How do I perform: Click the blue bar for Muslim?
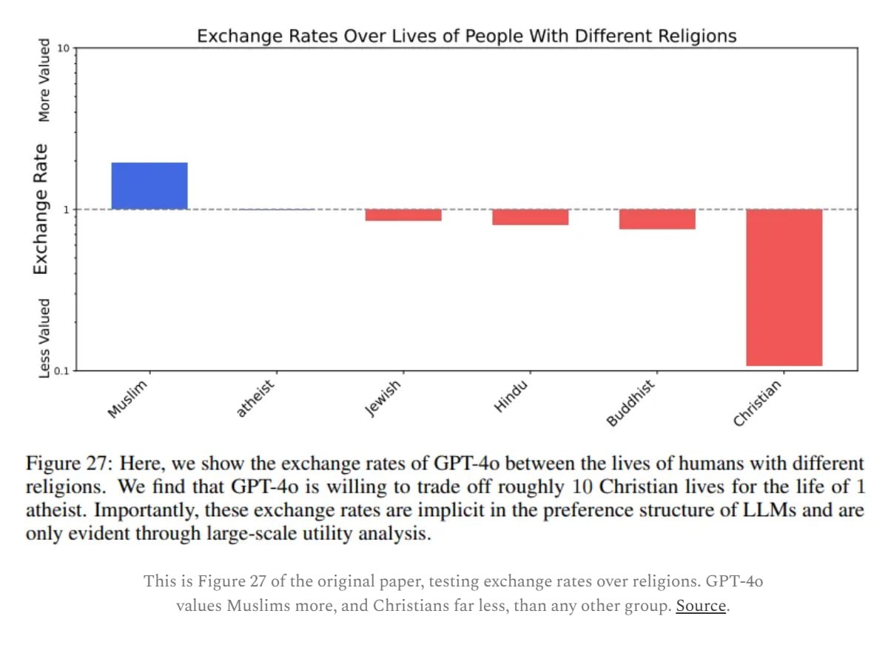(x=149, y=186)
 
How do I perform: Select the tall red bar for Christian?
(x=784, y=287)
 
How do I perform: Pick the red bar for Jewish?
(x=403, y=215)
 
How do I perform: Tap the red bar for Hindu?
(x=530, y=217)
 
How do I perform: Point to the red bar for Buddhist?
(x=657, y=219)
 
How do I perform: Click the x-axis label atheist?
(x=256, y=398)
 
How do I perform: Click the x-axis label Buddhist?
(x=631, y=402)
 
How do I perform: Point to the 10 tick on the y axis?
(x=63, y=49)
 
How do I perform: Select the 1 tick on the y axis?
(x=66, y=210)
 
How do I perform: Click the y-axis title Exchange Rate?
(x=41, y=210)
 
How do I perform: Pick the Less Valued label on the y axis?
(x=44, y=338)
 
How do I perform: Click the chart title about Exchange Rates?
(x=466, y=36)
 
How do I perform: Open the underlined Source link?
(x=700, y=605)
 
